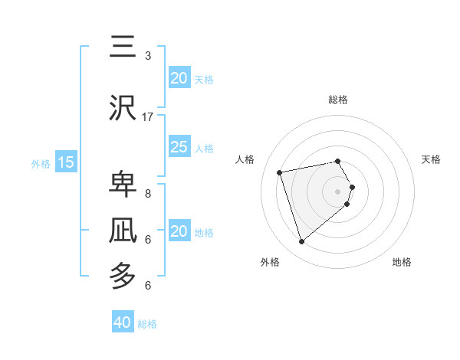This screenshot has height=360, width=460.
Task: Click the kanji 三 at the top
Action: (x=123, y=48)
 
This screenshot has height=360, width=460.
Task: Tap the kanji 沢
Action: (x=123, y=108)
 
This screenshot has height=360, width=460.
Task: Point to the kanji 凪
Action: (x=123, y=231)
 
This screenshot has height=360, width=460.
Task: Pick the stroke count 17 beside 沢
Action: (x=148, y=117)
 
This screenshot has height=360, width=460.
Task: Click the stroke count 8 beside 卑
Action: (x=147, y=194)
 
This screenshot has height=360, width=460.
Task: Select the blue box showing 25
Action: (x=179, y=147)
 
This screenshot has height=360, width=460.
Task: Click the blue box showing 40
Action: (x=123, y=322)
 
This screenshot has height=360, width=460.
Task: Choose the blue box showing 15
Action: (x=66, y=162)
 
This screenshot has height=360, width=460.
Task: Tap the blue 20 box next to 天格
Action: (x=179, y=78)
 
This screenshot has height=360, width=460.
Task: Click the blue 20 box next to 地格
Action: (x=179, y=231)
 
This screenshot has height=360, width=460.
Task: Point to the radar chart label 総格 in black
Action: (x=338, y=100)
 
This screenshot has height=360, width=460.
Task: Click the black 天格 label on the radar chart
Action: (x=432, y=159)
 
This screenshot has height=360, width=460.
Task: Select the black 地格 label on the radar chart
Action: (x=402, y=262)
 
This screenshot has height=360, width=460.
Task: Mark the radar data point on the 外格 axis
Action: (x=301, y=242)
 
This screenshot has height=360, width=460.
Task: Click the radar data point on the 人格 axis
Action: (x=281, y=172)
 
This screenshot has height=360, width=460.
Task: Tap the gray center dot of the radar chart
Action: (x=338, y=190)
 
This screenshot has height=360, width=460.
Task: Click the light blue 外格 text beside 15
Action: (x=40, y=163)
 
